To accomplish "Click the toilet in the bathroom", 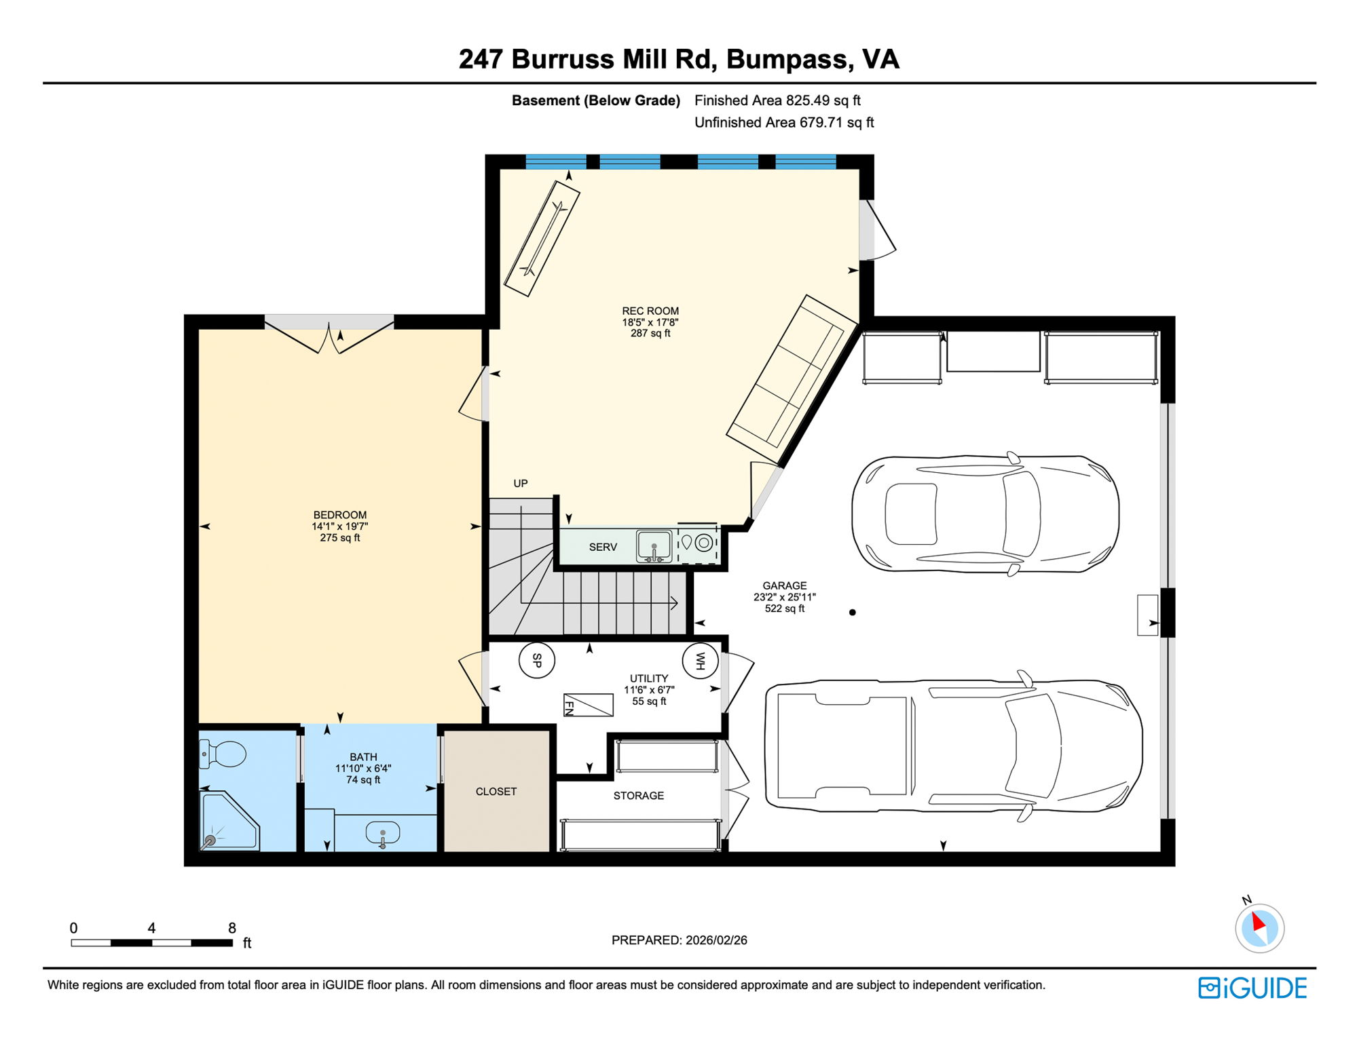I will pyautogui.click(x=223, y=754).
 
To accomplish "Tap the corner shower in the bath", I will pyautogui.click(x=229, y=822).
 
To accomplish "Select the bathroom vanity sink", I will pyautogui.click(x=383, y=833).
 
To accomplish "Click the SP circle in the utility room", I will pyautogui.click(x=536, y=659).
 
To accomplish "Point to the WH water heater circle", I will pyautogui.click(x=700, y=660).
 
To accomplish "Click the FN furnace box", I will pyautogui.click(x=588, y=706).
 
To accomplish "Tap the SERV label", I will pyautogui.click(x=603, y=547).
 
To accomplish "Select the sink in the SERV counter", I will pyautogui.click(x=654, y=546).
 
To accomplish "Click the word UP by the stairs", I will pyautogui.click(x=521, y=483).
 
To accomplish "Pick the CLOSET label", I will pyautogui.click(x=496, y=792).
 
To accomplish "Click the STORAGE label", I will pyautogui.click(x=639, y=796).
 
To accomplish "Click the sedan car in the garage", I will pyautogui.click(x=985, y=514).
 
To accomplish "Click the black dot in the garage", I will pyautogui.click(x=853, y=612).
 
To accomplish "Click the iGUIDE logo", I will pyautogui.click(x=1252, y=988).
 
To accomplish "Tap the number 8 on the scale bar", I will pyautogui.click(x=232, y=928).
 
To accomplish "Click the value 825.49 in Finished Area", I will pyautogui.click(x=808, y=100).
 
